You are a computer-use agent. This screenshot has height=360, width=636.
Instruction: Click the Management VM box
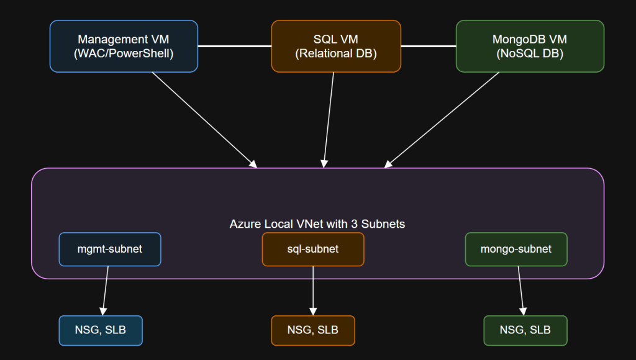[x=124, y=46]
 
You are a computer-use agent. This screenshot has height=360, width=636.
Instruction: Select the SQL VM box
[x=335, y=46]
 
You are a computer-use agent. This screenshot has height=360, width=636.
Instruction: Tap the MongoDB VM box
[x=530, y=46]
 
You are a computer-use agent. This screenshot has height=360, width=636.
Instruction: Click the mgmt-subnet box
[x=110, y=249]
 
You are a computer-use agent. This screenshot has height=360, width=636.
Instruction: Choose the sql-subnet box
[x=312, y=249]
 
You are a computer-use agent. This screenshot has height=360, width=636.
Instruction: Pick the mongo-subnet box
[x=516, y=249]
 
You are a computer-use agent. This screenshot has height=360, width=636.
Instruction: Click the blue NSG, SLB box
[x=101, y=330]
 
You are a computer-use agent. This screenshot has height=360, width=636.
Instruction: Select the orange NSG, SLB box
[x=312, y=330]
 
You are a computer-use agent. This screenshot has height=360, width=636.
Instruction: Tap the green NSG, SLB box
[x=525, y=330]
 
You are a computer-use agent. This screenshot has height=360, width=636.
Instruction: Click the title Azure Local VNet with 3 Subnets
[x=317, y=223]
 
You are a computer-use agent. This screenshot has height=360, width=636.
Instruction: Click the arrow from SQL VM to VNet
[x=329, y=119]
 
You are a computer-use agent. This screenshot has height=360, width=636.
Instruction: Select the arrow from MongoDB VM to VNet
[x=442, y=119]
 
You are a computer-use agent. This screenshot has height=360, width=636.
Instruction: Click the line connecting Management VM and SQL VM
[x=234, y=46]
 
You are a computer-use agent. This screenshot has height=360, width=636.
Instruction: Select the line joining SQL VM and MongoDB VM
[x=428, y=46]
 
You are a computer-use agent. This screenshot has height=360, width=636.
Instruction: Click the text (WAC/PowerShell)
[x=124, y=53]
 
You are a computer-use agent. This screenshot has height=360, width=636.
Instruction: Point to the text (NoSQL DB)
[x=530, y=53]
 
